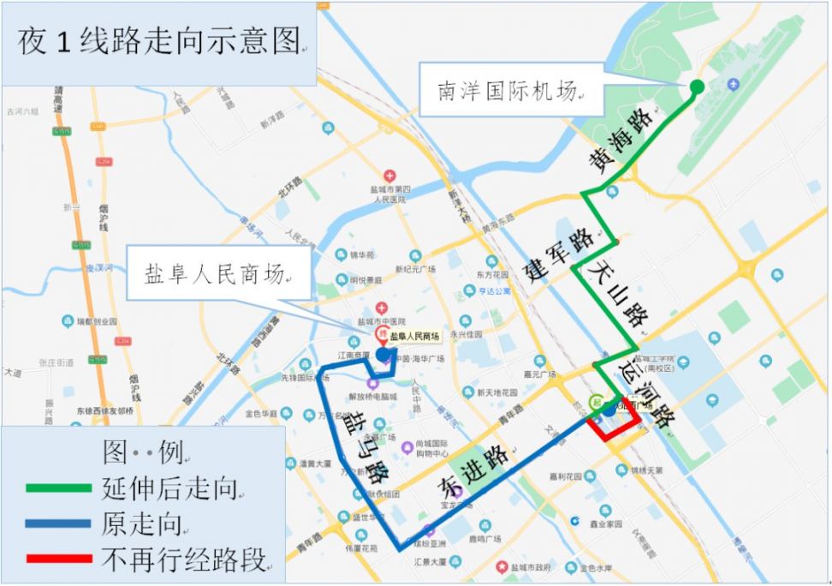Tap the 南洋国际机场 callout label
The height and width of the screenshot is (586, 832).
508,92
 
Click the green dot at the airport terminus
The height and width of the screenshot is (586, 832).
697,87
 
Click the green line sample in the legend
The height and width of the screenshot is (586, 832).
58,488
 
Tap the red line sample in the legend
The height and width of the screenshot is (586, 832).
58,559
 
